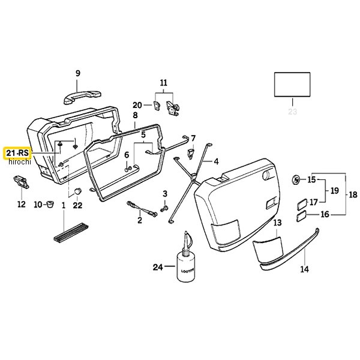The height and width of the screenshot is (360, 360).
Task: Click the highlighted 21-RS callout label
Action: (x=17, y=153)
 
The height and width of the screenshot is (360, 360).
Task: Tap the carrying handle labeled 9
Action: (x=82, y=97)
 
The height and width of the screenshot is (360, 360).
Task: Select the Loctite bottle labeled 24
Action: (x=186, y=257)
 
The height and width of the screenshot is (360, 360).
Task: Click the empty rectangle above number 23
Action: (x=292, y=85)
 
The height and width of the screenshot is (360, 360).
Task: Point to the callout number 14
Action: (x=304, y=269)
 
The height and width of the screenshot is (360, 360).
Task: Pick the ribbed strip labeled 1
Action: (x=71, y=232)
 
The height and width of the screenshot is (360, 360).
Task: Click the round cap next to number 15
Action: (x=296, y=179)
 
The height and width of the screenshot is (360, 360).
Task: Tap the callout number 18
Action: (x=353, y=194)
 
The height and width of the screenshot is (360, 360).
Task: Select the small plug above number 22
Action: (x=78, y=191)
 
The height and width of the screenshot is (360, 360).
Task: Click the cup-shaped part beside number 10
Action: (x=50, y=204)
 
